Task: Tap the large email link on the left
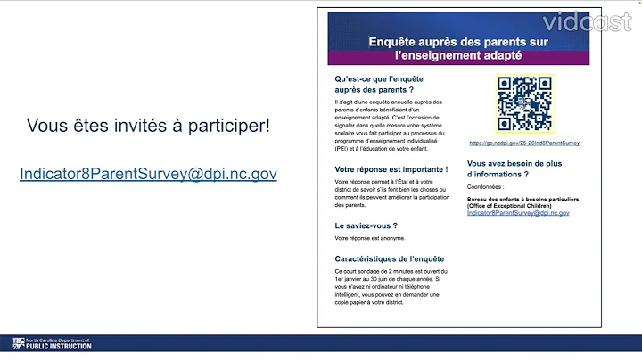(x=148, y=174)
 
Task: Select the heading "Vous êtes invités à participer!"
(x=148, y=126)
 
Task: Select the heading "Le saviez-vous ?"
(x=366, y=225)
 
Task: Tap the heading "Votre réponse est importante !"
(x=391, y=168)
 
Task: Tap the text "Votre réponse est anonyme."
(x=370, y=238)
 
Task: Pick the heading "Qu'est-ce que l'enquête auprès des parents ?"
(x=374, y=84)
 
